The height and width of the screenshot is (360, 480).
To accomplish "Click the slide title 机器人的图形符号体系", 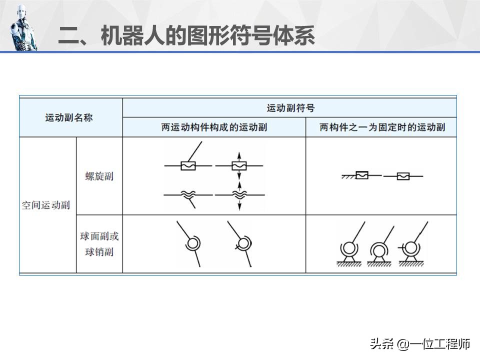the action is [208, 36].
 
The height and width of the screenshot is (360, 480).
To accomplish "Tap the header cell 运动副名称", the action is [69, 117].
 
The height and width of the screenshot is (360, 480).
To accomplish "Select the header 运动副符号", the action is [290, 108].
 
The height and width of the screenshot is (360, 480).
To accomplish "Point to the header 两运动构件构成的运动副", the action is [214, 127].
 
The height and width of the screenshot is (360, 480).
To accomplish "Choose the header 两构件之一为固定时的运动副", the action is [382, 127].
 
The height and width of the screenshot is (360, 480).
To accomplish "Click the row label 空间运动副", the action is [46, 205].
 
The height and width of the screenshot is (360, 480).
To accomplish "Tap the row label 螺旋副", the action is [99, 176].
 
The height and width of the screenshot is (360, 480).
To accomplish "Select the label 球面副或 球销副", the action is [99, 244].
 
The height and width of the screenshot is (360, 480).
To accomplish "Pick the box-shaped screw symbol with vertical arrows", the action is [239, 165].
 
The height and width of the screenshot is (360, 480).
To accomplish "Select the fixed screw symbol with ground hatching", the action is [361, 175].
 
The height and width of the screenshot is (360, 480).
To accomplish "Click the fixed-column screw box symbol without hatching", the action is [403, 176].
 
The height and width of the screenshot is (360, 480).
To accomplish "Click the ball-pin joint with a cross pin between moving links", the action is [242, 244].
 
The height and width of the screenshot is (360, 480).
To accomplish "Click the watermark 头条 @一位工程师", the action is [420, 344].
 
